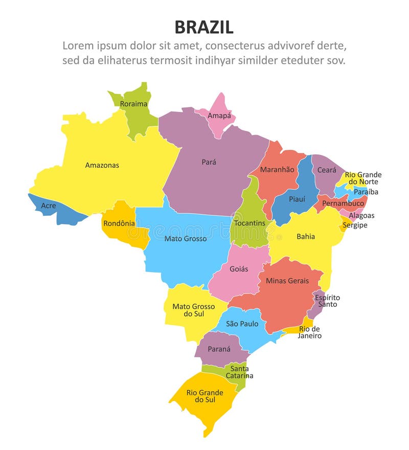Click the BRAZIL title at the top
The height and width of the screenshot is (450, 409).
pyautogui.click(x=204, y=27)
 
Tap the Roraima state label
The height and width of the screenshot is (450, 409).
pyautogui.click(x=133, y=104)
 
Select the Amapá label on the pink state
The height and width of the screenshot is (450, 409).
pyautogui.click(x=219, y=116)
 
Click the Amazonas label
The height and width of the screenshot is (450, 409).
pyautogui.click(x=102, y=165)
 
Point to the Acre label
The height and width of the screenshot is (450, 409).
pyautogui.click(x=49, y=206)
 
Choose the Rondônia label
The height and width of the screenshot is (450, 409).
pyautogui.click(x=119, y=223)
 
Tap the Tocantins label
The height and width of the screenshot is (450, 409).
pyautogui.click(x=249, y=223)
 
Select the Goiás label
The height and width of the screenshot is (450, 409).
pyautogui.click(x=239, y=269)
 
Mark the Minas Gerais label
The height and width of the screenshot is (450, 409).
pyautogui.click(x=287, y=281)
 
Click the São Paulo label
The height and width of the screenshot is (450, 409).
pyautogui.click(x=242, y=324)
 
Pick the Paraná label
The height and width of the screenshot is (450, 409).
pyautogui.click(x=219, y=349)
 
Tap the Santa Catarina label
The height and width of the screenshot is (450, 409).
pyautogui.click(x=239, y=372)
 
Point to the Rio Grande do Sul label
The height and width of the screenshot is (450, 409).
pyautogui.click(x=204, y=396)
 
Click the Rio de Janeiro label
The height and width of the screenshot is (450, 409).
pyautogui.click(x=310, y=332)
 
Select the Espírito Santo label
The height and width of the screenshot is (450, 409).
pyautogui.click(x=327, y=301)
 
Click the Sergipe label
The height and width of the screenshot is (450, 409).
pyautogui.click(x=355, y=225)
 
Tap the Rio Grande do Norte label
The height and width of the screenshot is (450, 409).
pyautogui.click(x=363, y=178)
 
